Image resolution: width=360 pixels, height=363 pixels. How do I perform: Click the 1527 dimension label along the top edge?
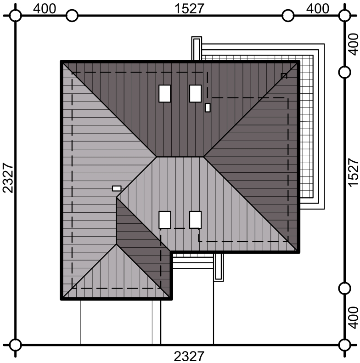[189, 9]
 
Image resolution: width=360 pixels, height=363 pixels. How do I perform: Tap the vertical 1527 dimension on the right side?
[353, 172]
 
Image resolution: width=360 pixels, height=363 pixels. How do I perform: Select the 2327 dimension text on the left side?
[8, 177]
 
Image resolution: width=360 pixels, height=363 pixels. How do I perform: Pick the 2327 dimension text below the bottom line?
[189, 357]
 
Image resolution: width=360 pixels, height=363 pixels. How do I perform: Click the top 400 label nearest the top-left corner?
[45, 9]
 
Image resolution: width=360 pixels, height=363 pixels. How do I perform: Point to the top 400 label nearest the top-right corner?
[317, 9]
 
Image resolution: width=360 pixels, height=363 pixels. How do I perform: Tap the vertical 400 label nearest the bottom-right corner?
[353, 318]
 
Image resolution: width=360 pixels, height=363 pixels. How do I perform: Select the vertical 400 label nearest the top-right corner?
[353, 44]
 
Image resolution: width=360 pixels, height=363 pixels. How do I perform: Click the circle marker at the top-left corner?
[16, 16]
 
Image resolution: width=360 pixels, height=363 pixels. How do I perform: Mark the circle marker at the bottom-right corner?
[345, 345]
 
